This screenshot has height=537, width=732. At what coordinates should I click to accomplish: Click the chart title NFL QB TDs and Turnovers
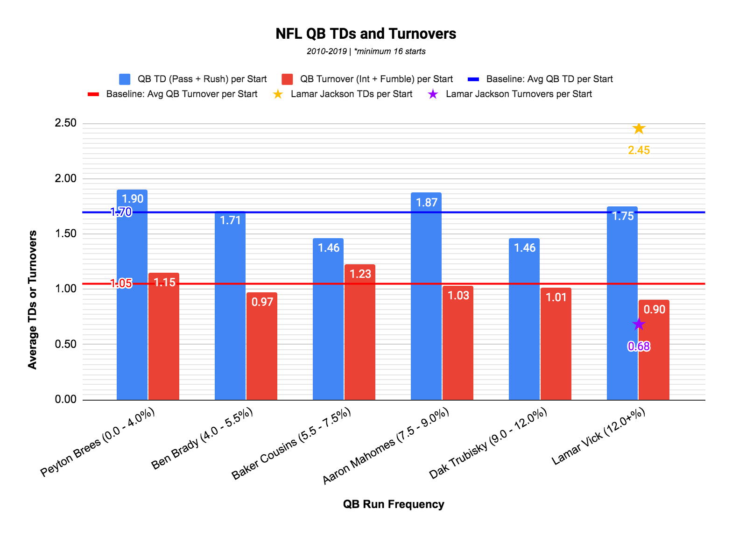point(366,34)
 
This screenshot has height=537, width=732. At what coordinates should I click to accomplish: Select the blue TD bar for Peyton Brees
point(132,294)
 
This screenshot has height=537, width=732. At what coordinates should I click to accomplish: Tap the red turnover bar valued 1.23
point(360,332)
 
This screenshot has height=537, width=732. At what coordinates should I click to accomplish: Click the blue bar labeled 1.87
point(426,296)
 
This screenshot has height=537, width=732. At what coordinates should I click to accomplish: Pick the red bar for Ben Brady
point(262,346)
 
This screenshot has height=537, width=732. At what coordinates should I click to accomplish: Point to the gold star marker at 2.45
point(639,128)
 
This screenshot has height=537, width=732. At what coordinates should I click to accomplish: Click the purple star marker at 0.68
point(639,325)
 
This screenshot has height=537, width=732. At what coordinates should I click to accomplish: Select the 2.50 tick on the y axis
point(66,123)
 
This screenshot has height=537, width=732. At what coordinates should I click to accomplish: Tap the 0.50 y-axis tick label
point(66,344)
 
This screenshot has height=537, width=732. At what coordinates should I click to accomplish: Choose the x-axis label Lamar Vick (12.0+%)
point(599,436)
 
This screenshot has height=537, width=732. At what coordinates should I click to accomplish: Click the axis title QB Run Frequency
point(394,504)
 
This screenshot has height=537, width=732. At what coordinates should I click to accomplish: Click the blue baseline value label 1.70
point(121,212)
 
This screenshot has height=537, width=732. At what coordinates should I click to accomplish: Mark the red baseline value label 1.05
point(121,283)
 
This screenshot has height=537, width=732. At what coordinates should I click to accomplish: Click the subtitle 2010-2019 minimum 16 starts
point(366,51)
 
